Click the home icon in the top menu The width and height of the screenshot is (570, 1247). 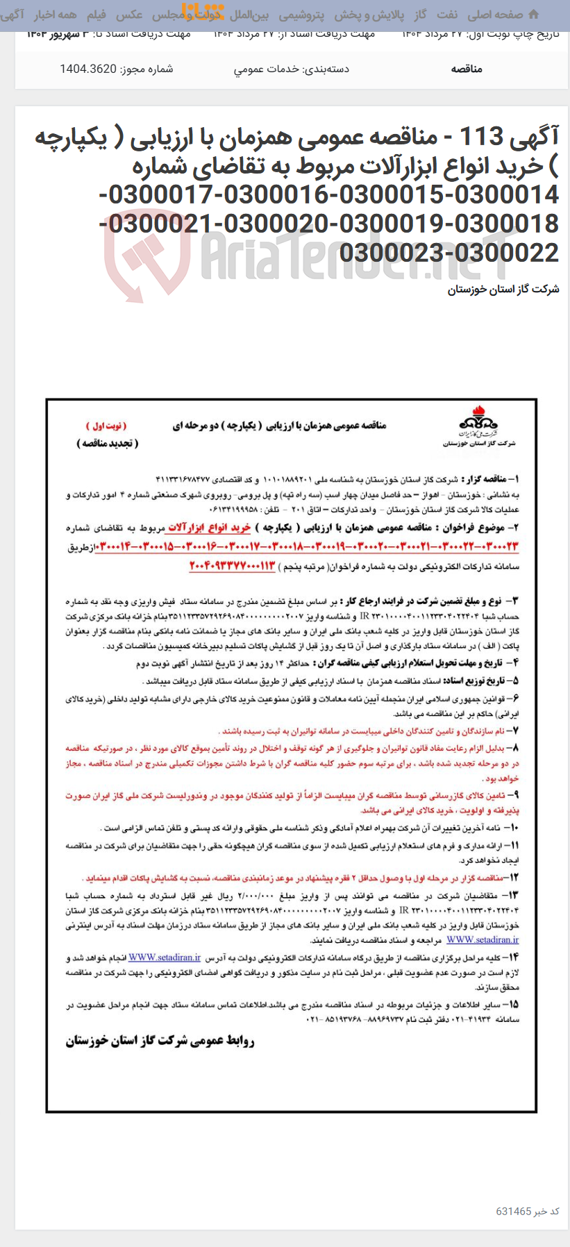click(533, 15)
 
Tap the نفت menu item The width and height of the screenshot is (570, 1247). click(447, 15)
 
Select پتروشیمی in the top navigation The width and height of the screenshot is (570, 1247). click(301, 15)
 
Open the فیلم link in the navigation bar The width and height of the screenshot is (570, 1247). click(96, 15)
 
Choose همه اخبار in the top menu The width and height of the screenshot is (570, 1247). click(56, 15)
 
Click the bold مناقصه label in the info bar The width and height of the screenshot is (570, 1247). click(467, 69)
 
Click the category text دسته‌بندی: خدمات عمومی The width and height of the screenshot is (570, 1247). click(291, 69)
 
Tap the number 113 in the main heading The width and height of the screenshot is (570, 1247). click(480, 137)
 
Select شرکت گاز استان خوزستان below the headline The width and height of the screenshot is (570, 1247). click(503, 290)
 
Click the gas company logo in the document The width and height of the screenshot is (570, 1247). click(478, 424)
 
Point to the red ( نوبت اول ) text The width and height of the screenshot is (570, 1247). click(106, 426)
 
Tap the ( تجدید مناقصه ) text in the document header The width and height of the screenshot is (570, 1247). click(108, 443)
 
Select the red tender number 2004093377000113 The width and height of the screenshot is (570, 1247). click(232, 567)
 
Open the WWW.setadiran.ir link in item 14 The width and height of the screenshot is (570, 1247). click(165, 957)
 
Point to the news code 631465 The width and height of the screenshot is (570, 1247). click(513, 1211)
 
